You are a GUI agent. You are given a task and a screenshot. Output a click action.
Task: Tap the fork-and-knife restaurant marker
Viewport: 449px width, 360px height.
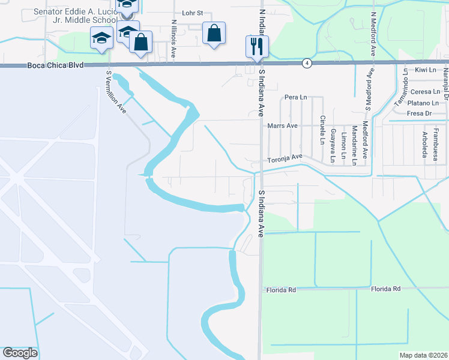coord(257,46)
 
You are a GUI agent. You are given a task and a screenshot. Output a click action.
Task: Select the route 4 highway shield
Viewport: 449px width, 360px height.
coord(307,63)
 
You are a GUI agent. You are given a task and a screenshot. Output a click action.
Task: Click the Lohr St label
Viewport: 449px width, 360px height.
coord(193,13)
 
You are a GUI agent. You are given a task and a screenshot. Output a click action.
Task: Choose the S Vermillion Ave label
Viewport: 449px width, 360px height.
coord(116,92)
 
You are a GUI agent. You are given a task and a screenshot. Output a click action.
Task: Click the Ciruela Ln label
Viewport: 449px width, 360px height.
coord(322,130)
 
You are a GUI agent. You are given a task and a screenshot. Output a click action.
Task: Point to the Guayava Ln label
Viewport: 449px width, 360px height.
coord(333,146)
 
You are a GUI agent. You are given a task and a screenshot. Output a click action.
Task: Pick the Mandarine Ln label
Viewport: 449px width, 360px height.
coord(354,145)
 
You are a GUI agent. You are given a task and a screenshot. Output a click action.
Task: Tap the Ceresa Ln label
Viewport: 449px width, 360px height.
coord(425,92)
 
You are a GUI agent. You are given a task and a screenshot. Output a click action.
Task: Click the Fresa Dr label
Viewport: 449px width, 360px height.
coord(419,113)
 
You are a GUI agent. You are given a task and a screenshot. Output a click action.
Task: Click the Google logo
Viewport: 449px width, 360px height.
coord(20,353)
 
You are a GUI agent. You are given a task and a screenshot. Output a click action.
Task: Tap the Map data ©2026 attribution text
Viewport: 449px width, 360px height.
coord(423,355)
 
